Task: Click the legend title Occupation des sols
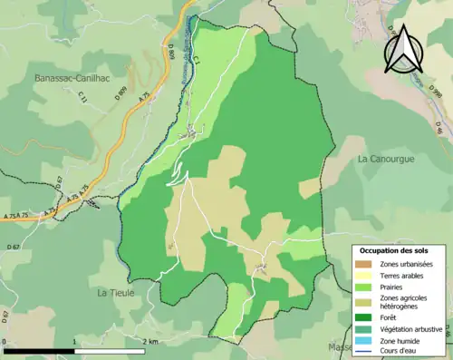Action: (400, 250)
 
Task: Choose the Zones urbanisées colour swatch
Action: (365, 264)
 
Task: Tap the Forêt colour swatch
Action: (365, 318)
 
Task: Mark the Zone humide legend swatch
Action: (365, 340)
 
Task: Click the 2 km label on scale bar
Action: (150, 341)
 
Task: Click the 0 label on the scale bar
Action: (5, 341)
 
